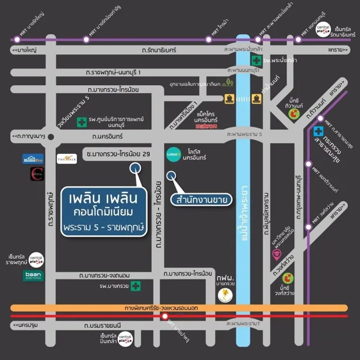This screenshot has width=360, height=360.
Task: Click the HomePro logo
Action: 33,159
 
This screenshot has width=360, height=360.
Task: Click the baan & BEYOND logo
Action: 33,276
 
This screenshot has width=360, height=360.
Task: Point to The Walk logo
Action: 67,158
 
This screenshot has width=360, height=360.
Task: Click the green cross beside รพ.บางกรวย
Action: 137,287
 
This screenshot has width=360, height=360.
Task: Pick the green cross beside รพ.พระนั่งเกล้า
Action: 257,61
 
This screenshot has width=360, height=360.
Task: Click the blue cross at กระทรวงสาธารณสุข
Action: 318,131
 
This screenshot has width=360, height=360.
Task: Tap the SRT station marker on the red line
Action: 165,317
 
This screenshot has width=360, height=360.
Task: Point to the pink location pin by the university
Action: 277,254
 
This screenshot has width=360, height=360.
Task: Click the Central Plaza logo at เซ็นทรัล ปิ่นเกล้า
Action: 126,340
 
